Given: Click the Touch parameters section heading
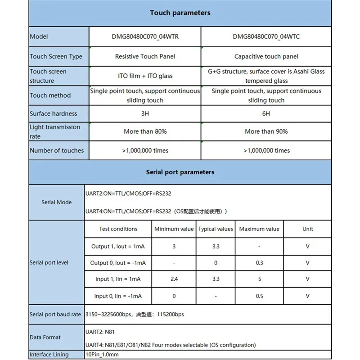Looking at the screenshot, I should point(180,13).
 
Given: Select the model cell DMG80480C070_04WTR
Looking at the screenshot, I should point(145,36).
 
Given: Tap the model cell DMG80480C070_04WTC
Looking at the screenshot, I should point(266,36).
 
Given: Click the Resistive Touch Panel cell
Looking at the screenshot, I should point(145,57).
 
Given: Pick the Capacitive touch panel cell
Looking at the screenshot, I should point(266,57).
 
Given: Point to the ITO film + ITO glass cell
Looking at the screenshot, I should point(145,76).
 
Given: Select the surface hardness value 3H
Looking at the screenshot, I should point(145,114).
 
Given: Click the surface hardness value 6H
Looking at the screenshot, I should point(266,114).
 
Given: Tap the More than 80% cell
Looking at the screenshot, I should point(145,132).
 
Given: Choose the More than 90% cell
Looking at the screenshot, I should point(266,132).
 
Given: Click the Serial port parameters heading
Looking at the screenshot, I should point(180,172).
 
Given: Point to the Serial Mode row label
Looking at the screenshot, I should point(56,202).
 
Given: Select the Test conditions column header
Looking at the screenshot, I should point(118,229).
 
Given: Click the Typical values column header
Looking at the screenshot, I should point(216,229).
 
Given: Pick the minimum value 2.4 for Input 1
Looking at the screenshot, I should point(174,279).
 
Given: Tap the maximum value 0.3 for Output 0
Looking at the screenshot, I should point(259,263).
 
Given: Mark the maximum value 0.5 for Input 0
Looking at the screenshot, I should point(259,296).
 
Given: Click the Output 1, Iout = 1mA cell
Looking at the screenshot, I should point(118,246).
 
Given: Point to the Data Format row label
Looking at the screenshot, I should point(45,337).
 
